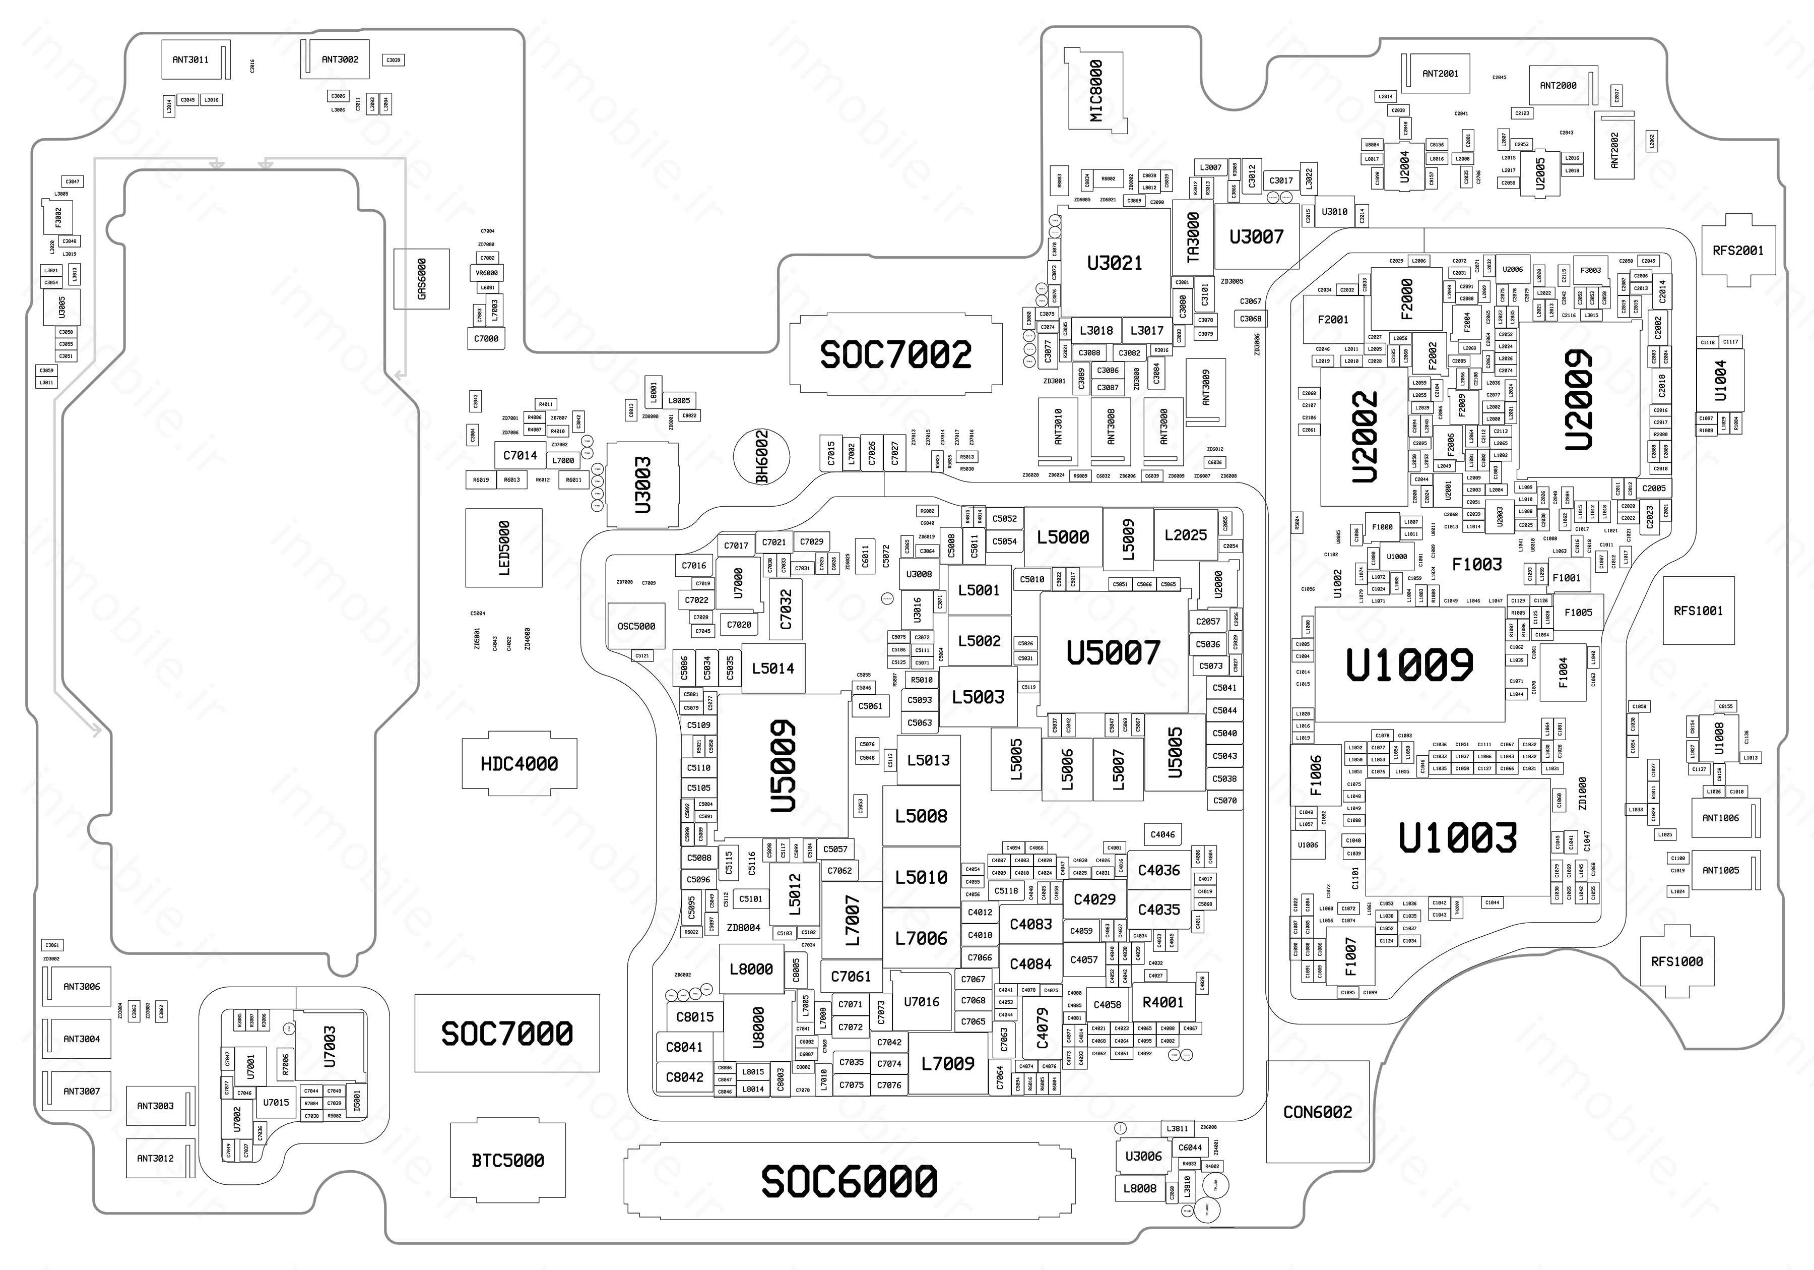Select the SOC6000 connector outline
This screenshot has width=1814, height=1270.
pyautogui.click(x=849, y=1181)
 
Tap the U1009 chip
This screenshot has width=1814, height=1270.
pyautogui.click(x=1409, y=664)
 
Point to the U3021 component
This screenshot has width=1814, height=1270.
pyautogui.click(x=1114, y=262)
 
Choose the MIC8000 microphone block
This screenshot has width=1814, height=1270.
pyautogui.click(x=1096, y=89)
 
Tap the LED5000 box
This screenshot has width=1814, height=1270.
pyautogui.click(x=504, y=547)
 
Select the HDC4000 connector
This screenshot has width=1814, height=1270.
pyautogui.click(x=519, y=763)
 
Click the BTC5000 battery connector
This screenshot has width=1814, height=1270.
pyautogui.click(x=507, y=1160)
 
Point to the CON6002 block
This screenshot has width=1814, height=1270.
pyautogui.click(x=1317, y=1112)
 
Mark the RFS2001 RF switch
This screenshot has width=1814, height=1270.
pyautogui.click(x=1738, y=251)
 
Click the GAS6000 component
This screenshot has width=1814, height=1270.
pyautogui.click(x=422, y=279)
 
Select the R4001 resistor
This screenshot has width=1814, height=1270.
pyautogui.click(x=1163, y=1002)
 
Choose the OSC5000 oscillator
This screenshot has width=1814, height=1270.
pyautogui.click(x=636, y=626)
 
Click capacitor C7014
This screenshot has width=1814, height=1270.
pyautogui.click(x=520, y=455)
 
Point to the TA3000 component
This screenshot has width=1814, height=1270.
pyautogui.click(x=1193, y=237)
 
